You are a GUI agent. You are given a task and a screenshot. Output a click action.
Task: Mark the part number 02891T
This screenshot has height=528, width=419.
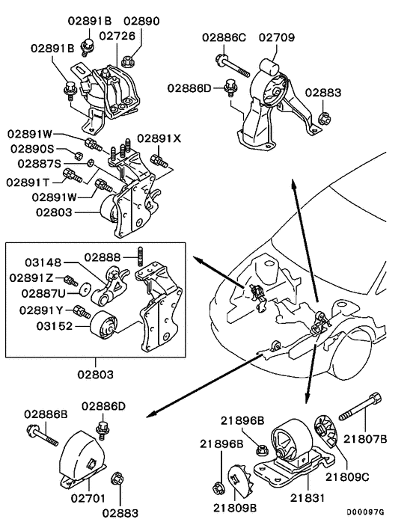click(29, 182)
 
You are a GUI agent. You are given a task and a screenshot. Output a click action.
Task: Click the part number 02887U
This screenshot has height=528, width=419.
click(43, 293)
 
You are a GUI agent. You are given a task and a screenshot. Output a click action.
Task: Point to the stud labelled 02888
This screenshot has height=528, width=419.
click(140, 257)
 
